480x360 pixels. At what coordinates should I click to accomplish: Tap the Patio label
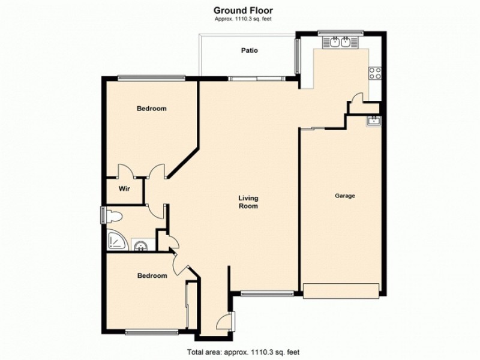[250, 50]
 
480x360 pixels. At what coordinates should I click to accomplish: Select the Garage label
[345, 196]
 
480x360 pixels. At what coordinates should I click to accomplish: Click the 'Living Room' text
[248, 202]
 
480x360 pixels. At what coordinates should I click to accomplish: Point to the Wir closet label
[124, 188]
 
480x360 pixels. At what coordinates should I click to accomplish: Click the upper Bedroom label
[151, 109]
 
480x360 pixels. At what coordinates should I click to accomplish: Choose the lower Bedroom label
[152, 275]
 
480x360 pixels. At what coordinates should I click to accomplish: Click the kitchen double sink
[340, 42]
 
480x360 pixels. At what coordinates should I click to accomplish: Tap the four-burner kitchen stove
[375, 74]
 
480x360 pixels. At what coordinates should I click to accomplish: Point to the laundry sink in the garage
[374, 121]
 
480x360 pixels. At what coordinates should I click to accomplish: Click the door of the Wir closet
[126, 172]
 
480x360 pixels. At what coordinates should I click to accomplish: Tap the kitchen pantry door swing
[356, 99]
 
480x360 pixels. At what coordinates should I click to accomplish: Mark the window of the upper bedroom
[151, 77]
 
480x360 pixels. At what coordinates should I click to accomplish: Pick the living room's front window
[267, 293]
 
